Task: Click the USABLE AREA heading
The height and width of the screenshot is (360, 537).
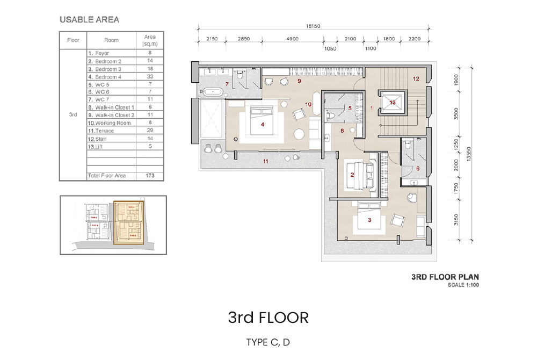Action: (x=89, y=20)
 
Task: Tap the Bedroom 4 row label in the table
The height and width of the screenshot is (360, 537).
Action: (x=108, y=77)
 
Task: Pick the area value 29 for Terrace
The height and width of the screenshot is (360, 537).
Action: (x=150, y=131)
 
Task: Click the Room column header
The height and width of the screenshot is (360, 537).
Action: (x=111, y=40)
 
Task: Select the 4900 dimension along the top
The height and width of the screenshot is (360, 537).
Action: (x=292, y=39)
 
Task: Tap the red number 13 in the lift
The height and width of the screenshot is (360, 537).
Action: (x=393, y=102)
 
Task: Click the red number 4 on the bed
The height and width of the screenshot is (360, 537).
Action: (x=262, y=124)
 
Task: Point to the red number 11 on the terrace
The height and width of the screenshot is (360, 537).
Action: (x=265, y=161)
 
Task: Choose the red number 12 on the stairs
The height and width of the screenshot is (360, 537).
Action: (x=416, y=78)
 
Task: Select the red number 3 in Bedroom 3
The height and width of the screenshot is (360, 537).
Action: (x=369, y=220)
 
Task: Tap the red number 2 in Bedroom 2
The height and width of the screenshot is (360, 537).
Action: (x=352, y=175)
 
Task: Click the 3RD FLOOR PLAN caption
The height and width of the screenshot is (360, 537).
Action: (x=445, y=277)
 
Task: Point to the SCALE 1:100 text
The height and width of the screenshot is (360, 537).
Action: (x=463, y=285)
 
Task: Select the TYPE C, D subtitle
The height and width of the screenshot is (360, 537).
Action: (x=268, y=342)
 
